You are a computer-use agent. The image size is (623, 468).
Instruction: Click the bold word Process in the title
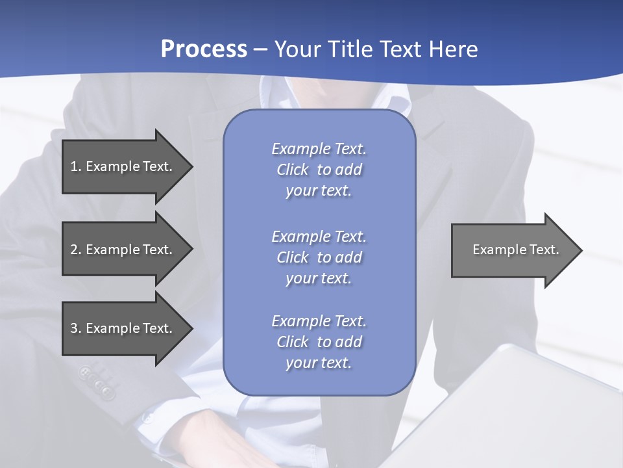(x=204, y=49)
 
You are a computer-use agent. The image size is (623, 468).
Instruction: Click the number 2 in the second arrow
(x=74, y=250)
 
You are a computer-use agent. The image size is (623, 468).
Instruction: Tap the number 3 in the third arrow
(x=74, y=328)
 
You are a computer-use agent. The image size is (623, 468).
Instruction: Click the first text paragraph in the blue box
(x=319, y=170)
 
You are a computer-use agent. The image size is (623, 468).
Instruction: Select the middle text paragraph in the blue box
(x=319, y=257)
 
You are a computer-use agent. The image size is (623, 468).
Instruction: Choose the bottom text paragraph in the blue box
(x=319, y=342)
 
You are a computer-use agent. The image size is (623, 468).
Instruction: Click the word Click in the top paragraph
(x=292, y=170)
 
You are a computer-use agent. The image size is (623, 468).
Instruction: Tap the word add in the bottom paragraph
(x=348, y=342)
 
